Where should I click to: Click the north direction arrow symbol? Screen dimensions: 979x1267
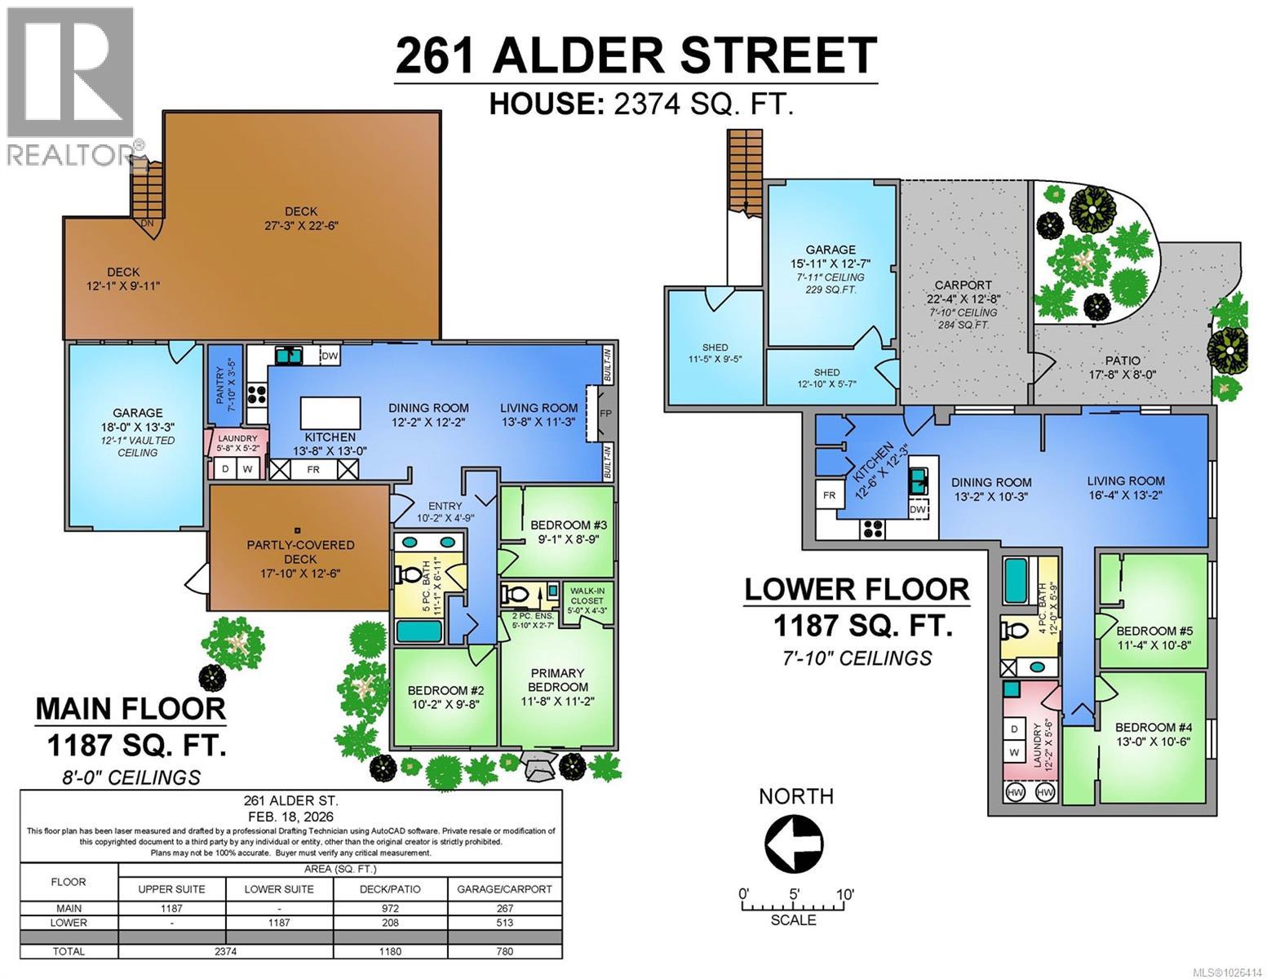[x=792, y=841]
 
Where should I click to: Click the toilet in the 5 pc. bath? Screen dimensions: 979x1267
[x=405, y=574]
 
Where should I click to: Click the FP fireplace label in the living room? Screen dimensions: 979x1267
[x=605, y=414]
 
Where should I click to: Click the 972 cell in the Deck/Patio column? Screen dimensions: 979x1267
[x=391, y=908]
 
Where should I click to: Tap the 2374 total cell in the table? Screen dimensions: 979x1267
[x=225, y=951]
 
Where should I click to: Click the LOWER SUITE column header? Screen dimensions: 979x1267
[x=279, y=888]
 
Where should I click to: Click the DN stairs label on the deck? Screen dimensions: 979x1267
[x=148, y=224]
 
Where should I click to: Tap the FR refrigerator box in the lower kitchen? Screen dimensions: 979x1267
[x=829, y=495]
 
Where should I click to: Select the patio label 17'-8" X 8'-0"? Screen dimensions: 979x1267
[x=1123, y=368]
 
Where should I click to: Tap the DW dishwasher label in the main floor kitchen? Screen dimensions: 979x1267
[x=329, y=356]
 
